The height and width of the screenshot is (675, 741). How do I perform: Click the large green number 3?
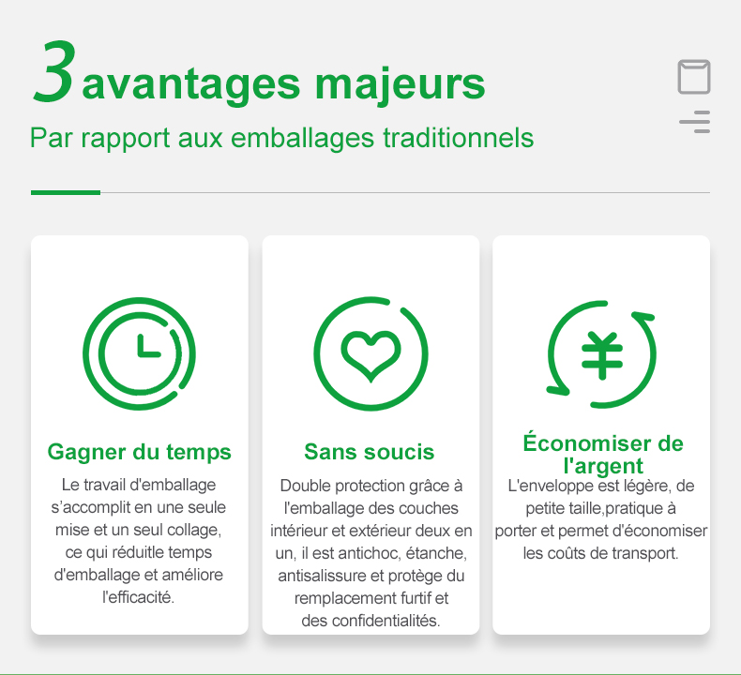[x=53, y=71]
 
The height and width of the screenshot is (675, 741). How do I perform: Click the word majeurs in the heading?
[x=400, y=85]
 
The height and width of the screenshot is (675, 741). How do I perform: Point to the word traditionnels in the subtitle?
[x=458, y=138]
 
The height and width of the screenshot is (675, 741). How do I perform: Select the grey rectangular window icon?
[x=694, y=77]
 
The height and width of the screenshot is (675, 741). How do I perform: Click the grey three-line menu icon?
[x=695, y=122]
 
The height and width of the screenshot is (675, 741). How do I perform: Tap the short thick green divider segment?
[x=66, y=193]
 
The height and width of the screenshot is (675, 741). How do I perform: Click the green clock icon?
[x=139, y=353]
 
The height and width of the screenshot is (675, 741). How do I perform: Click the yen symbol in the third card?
[x=602, y=355]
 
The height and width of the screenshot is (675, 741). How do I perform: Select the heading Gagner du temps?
[x=140, y=452]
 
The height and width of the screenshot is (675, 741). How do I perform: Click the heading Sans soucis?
[x=369, y=452]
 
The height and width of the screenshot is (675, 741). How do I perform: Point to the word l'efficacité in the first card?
[x=139, y=597]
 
